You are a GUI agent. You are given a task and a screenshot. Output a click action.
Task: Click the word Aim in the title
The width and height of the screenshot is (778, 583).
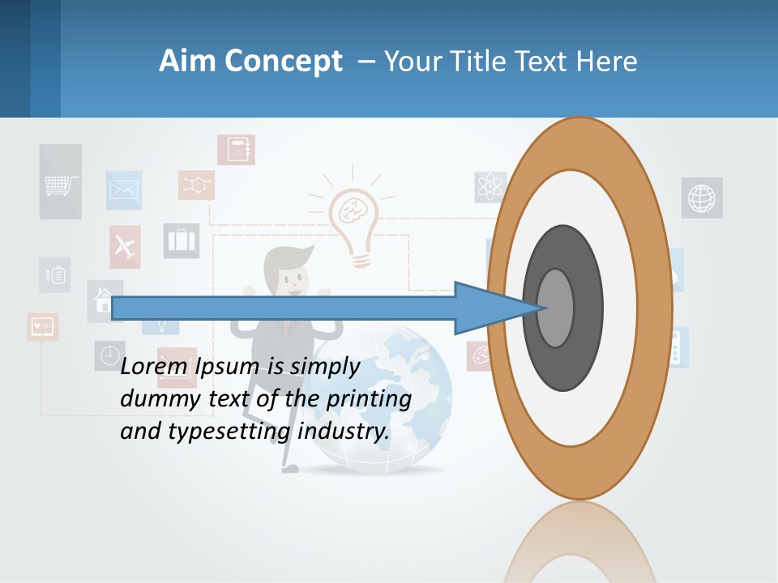188,62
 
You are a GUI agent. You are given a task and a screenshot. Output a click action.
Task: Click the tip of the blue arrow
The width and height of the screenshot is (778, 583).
545,308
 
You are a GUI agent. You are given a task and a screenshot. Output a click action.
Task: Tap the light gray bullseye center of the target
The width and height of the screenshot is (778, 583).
556,308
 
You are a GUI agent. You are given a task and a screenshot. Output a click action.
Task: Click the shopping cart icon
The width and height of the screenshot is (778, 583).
61,183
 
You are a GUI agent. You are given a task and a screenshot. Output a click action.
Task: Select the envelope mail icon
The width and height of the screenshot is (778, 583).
124,190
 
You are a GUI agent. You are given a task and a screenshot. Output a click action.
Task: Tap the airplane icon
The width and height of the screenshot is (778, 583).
125,246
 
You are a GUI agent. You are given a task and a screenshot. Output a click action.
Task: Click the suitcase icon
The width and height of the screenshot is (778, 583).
182,240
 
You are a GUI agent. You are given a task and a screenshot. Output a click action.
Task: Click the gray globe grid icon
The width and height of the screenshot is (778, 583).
702,198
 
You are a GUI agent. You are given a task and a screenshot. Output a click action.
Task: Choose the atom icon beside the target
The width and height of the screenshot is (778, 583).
489,187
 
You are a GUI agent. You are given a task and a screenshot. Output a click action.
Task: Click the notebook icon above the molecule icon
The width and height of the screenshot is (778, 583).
237,150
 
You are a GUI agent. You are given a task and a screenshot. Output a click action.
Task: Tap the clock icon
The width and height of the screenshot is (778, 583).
109,355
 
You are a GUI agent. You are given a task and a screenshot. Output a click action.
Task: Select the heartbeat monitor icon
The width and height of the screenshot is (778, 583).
42,326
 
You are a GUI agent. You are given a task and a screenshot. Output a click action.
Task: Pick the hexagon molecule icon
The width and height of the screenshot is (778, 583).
197,185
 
